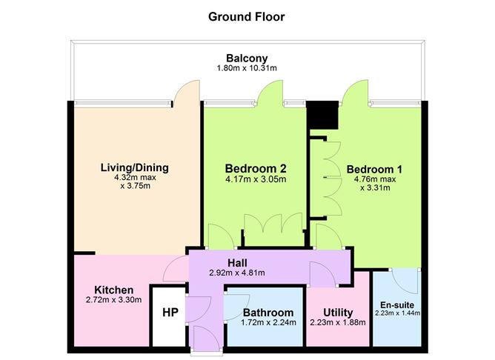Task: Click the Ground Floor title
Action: [x=247, y=17]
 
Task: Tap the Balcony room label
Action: [x=247, y=58]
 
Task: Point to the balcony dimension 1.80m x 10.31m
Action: [x=247, y=68]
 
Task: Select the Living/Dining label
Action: [x=134, y=167]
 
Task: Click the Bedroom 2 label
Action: [x=256, y=168]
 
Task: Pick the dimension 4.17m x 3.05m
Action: [x=256, y=179]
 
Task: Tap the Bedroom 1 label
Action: [x=374, y=170]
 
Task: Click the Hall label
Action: [x=237, y=262]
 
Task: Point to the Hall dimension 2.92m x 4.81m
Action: [x=237, y=273]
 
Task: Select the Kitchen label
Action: [x=114, y=290]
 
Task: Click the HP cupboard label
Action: [x=170, y=313]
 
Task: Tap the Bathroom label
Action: [x=268, y=313]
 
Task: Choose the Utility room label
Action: [x=338, y=313]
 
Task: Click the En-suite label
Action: [x=397, y=305]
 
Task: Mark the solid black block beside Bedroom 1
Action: [x=322, y=115]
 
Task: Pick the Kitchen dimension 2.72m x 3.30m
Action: [x=113, y=300]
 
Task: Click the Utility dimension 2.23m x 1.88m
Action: [x=338, y=322]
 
